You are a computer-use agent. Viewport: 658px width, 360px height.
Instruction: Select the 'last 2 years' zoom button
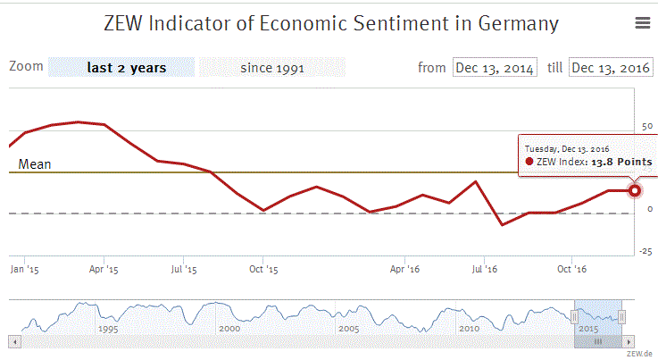tap(121, 67)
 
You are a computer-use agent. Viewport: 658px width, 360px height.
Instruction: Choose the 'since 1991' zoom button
tap(271, 67)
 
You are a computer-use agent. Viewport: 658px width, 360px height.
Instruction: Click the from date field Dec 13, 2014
tap(495, 68)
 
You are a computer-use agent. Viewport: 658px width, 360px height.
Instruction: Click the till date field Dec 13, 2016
tap(611, 68)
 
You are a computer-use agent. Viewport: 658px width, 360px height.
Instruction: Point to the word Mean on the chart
tap(35, 163)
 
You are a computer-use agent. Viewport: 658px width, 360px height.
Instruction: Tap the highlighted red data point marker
tap(635, 190)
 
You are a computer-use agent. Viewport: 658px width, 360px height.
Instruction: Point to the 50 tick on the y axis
tap(647, 127)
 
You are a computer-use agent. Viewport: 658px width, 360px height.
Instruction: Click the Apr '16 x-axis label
tap(405, 268)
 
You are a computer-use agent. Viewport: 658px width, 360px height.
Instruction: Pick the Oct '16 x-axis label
tap(571, 268)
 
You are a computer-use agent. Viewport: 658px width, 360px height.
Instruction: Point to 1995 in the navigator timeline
tap(109, 329)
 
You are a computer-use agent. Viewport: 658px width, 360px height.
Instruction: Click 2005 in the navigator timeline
tap(349, 329)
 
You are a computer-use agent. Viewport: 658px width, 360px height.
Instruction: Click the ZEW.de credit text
tap(640, 354)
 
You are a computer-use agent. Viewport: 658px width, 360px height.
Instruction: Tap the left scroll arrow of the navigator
tap(13, 341)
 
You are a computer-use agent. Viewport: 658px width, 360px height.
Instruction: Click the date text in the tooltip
tap(566, 147)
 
